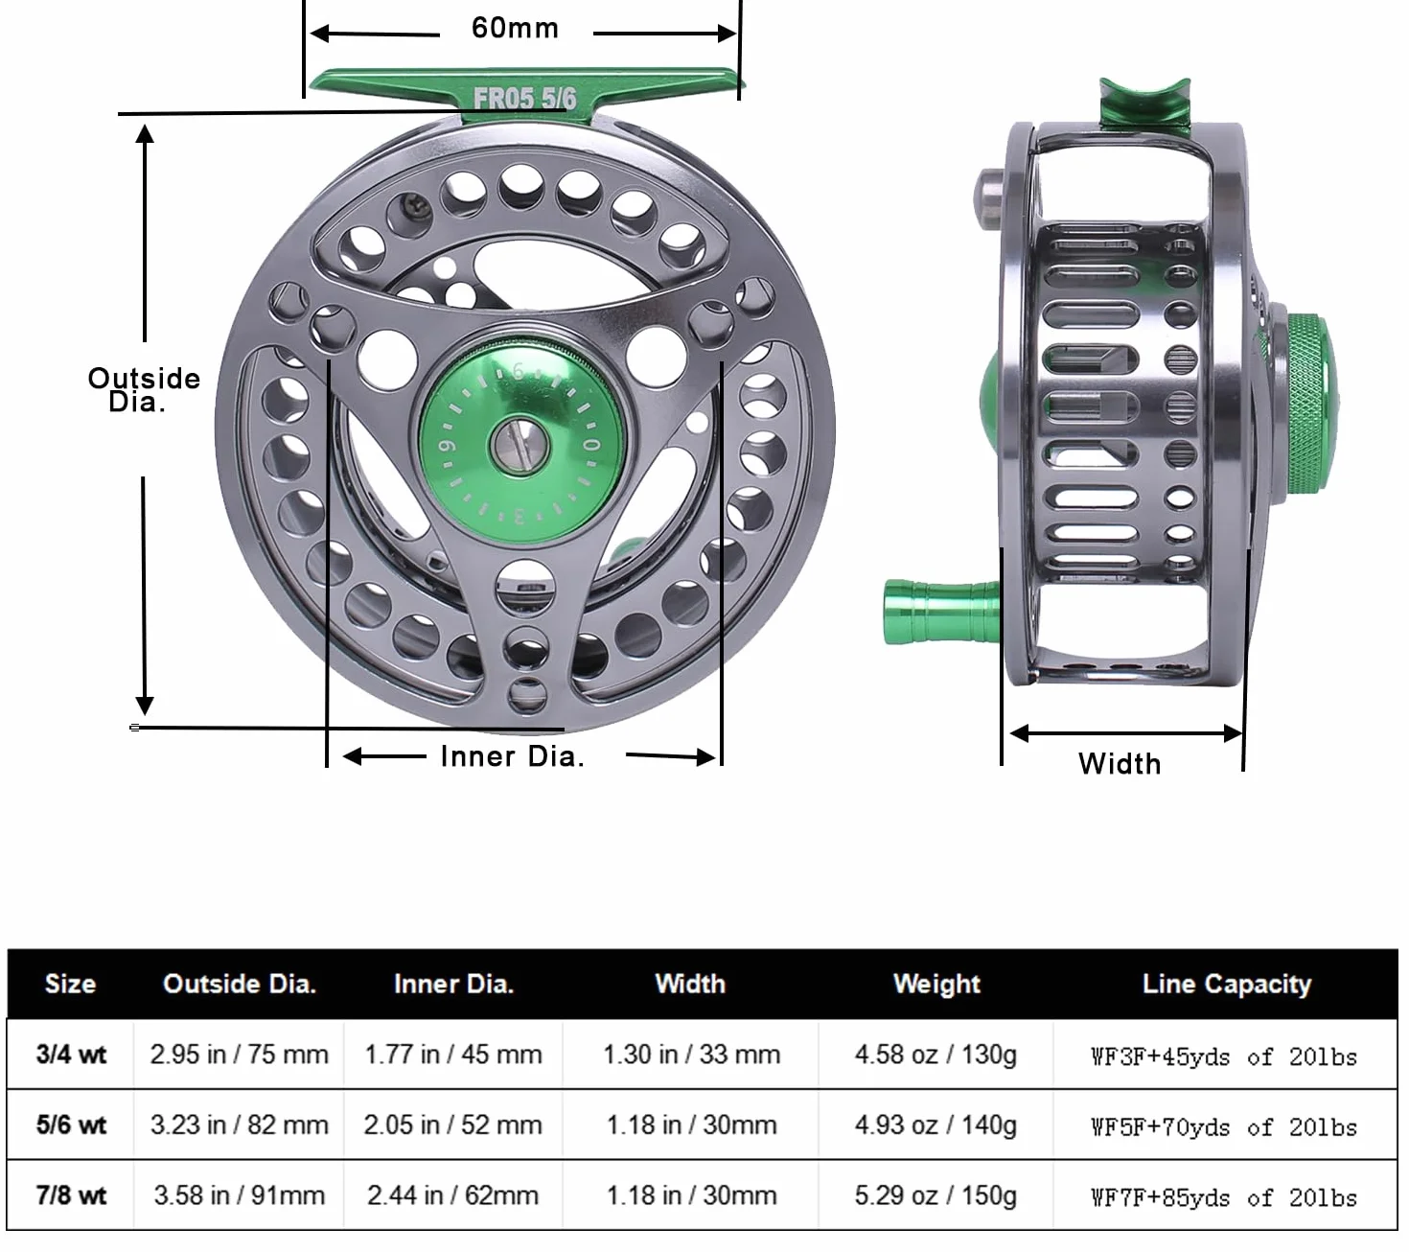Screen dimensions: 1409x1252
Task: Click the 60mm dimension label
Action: [515, 28]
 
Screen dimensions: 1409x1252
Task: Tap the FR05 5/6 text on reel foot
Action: [524, 98]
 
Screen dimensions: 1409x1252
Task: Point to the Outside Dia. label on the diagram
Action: [143, 389]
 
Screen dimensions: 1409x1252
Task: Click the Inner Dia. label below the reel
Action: [512, 756]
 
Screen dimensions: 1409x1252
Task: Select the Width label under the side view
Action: [1120, 764]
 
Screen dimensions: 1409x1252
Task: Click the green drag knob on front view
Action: [521, 443]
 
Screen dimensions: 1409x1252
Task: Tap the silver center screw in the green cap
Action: [520, 445]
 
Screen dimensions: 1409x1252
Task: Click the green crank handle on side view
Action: [941, 612]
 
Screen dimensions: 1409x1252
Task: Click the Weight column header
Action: [936, 984]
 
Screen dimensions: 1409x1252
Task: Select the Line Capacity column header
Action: [1226, 984]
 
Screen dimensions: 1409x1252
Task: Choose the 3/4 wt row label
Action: [71, 1055]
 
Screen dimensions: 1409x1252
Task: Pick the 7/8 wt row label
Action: [71, 1195]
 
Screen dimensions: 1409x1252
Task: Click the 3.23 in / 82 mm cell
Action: [240, 1124]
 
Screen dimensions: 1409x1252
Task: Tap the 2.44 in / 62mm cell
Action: [452, 1195]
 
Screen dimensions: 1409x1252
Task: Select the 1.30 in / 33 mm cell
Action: [691, 1055]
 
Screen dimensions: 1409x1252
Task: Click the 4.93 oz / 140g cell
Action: [935, 1124]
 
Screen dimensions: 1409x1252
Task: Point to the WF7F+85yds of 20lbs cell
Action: [1224, 1197]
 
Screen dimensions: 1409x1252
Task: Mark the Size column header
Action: [70, 984]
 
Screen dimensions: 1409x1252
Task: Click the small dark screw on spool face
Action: [417, 205]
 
